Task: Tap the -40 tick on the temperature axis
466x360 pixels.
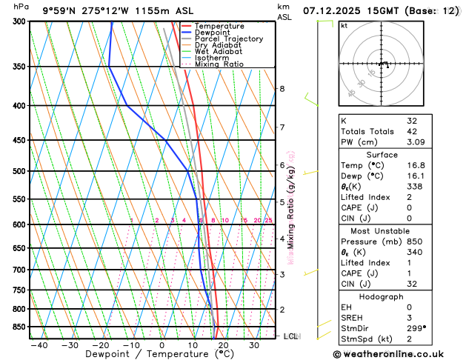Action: pyautogui.click(x=39, y=345)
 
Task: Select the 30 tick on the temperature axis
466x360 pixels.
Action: pyautogui.click(x=254, y=345)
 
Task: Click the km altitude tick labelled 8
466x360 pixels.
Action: pyautogui.click(x=282, y=89)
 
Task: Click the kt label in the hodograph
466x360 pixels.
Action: pyautogui.click(x=344, y=25)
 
